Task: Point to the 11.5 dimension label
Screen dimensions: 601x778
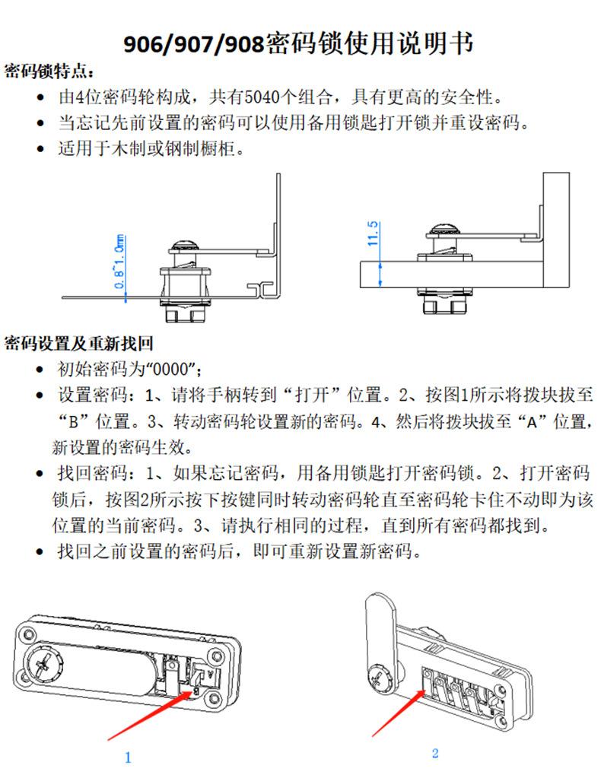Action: [x=373, y=234]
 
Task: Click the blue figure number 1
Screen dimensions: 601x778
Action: [x=128, y=757]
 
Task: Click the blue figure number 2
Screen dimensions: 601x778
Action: [x=434, y=754]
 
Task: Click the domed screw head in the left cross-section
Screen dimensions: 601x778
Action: [x=183, y=244]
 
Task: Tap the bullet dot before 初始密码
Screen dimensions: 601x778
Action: [x=40, y=371]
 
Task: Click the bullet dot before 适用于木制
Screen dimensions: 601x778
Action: [x=40, y=149]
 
